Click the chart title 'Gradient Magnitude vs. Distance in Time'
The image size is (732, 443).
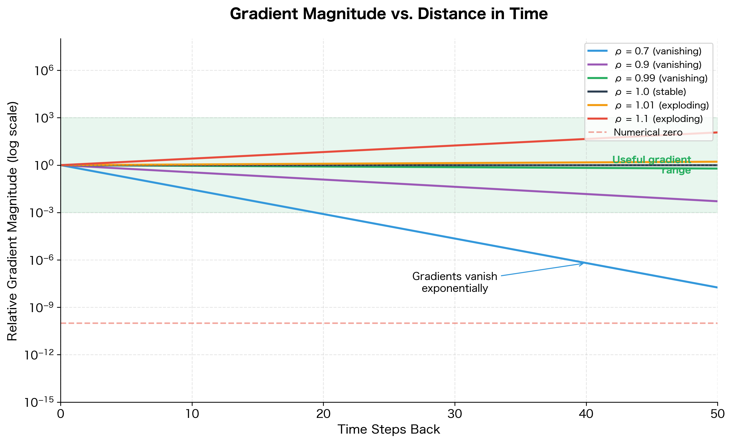click(x=389, y=14)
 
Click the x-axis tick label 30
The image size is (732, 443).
click(x=455, y=414)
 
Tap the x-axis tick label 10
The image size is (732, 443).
click(x=192, y=414)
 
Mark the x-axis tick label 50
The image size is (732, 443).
click(x=717, y=414)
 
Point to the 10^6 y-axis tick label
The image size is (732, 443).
click(x=44, y=71)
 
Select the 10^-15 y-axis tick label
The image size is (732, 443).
click(x=39, y=402)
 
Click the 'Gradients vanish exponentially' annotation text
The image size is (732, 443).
click(x=455, y=282)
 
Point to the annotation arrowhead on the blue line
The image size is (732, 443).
click(x=583, y=263)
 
